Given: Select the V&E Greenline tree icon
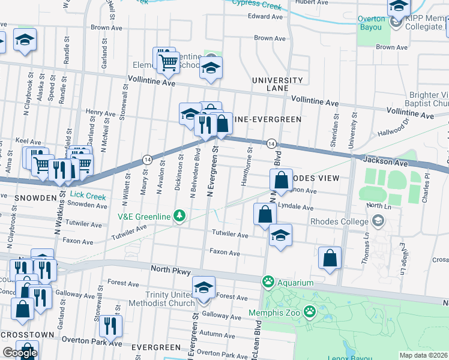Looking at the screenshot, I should click(x=178, y=215).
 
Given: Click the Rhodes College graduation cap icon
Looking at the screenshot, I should click(x=378, y=221).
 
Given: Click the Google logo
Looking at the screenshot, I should click(x=20, y=353).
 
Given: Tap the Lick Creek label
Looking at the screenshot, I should click(x=87, y=196).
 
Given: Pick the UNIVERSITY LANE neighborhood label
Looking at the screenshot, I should click(x=277, y=84).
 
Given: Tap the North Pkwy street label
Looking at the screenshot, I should click(x=171, y=270).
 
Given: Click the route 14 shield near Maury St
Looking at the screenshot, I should click(x=146, y=159).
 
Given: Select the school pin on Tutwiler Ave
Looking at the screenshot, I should click(x=280, y=236).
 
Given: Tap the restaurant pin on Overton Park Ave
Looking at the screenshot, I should click(x=110, y=326).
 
